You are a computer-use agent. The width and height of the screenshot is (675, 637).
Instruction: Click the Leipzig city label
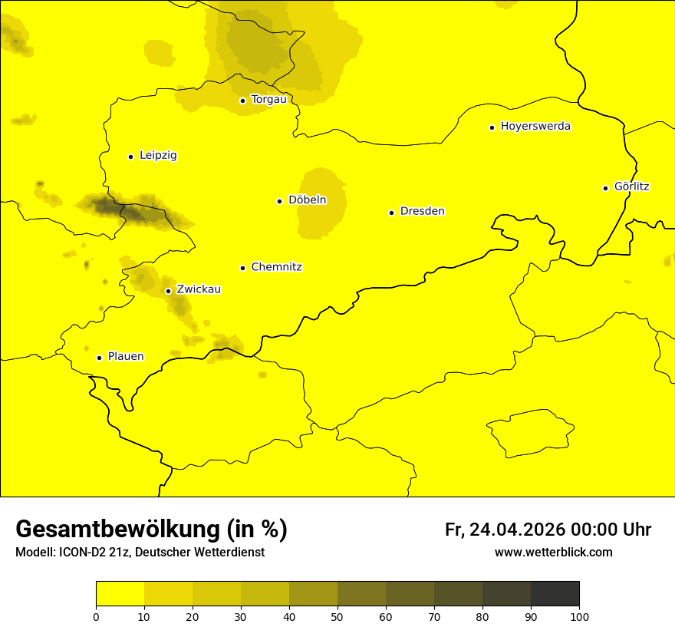(158, 156)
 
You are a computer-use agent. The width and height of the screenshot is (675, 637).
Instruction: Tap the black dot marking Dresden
(391, 213)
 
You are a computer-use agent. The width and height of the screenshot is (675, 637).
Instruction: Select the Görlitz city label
(631, 186)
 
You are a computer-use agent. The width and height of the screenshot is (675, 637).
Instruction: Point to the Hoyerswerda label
(535, 127)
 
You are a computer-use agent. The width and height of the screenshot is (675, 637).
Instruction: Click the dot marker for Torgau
(242, 101)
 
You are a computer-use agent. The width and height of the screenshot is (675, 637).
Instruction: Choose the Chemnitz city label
(276, 268)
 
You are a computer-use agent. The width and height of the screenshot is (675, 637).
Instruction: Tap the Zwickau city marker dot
(168, 291)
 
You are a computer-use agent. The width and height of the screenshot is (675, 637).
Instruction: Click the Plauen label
(126, 357)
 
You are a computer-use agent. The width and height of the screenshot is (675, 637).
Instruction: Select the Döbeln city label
(307, 200)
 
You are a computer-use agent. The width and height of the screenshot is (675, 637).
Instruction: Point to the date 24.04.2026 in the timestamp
(518, 530)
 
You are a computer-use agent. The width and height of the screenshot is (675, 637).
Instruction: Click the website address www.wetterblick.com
(553, 553)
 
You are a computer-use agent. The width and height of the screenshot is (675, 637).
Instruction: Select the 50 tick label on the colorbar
(337, 616)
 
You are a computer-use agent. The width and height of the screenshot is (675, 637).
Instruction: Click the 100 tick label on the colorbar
(579, 616)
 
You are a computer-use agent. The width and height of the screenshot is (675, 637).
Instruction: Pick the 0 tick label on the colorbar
(96, 616)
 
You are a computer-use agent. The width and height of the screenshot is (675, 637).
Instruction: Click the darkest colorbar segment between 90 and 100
(555, 594)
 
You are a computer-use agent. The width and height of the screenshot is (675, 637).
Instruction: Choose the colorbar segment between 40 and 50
(313, 594)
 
